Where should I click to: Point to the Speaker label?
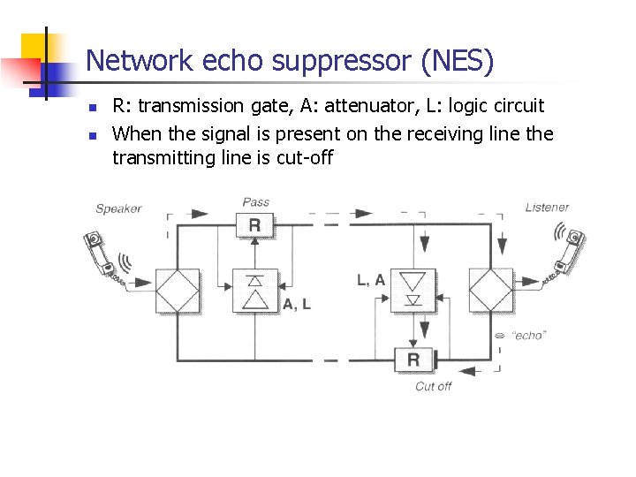tap(118, 208)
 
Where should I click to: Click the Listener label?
tap(547, 208)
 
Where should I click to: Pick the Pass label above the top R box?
tap(255, 202)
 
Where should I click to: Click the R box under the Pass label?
tap(254, 224)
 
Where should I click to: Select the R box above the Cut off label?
tap(413, 360)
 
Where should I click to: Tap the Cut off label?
tap(433, 386)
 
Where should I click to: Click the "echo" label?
tap(529, 335)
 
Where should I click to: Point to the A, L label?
tap(297, 303)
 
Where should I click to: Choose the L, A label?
tap(371, 279)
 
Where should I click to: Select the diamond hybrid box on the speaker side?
tap(178, 291)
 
